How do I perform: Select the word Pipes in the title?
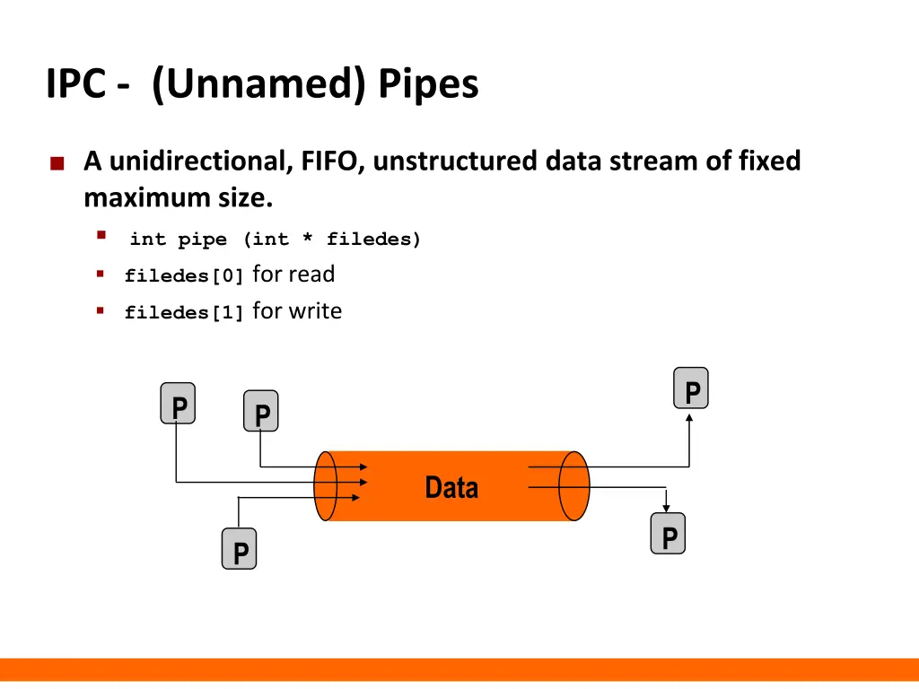(428, 85)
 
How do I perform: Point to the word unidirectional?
(198, 161)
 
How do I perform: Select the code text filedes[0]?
(184, 276)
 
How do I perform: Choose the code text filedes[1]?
(184, 313)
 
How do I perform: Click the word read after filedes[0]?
(312, 275)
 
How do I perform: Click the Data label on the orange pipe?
(451, 487)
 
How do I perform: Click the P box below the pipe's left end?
(240, 549)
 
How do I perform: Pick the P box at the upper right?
(691, 388)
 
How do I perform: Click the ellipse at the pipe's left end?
(325, 485)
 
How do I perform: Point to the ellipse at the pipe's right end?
(573, 485)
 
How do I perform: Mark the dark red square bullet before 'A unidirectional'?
(57, 163)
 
